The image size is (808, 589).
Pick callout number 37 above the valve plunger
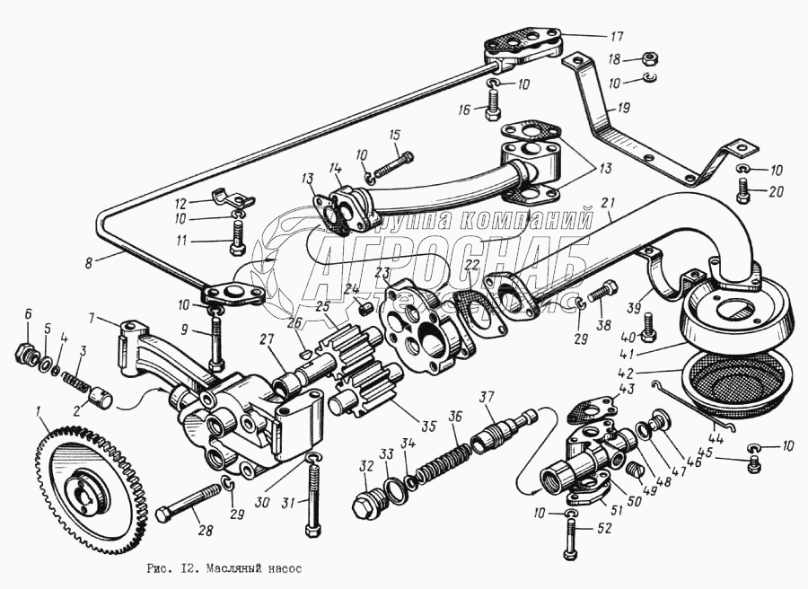[487, 398]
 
